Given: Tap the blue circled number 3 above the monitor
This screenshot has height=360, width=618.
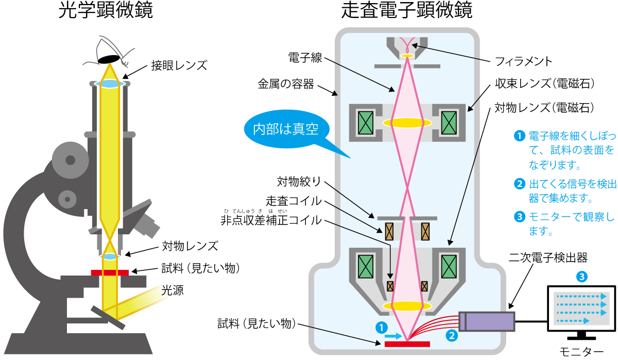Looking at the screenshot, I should [581, 276].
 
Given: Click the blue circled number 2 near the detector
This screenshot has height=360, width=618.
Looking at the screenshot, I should [451, 335].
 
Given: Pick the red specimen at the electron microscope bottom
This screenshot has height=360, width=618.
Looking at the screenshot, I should [407, 344].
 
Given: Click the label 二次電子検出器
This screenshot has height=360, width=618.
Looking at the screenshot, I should [547, 258].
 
